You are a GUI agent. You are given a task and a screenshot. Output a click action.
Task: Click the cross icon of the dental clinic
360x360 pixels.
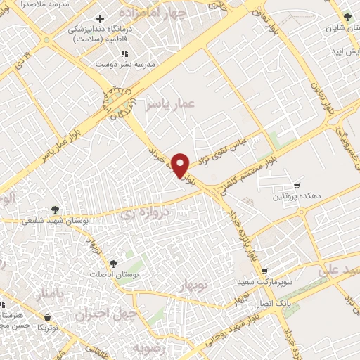pyautogui.click(x=101, y=18)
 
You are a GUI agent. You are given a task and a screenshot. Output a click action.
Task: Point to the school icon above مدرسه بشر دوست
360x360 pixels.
pyautogui.click(x=124, y=53)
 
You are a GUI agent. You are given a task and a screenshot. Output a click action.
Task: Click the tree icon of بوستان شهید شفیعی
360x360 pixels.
pyautogui.click(x=56, y=209)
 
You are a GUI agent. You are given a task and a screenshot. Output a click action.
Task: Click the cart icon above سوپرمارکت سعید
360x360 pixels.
pyautogui.click(x=264, y=271)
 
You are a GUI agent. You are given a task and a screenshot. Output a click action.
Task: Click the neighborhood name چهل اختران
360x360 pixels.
pyautogui.click(x=104, y=314)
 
